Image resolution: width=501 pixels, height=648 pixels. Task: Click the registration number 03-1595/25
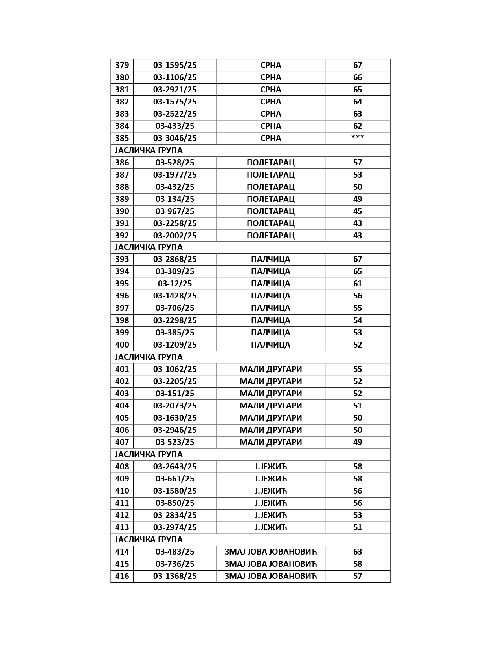click(x=175, y=65)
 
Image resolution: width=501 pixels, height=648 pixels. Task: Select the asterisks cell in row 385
click(x=357, y=138)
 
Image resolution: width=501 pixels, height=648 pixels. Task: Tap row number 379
click(x=122, y=65)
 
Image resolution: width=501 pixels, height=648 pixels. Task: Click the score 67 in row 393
click(x=357, y=259)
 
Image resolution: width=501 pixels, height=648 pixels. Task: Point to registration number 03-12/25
click(x=175, y=284)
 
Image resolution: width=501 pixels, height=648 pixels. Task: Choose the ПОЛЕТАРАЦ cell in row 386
click(x=270, y=163)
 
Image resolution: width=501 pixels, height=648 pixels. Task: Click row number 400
click(x=122, y=345)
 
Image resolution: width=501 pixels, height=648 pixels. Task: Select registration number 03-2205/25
click(x=175, y=381)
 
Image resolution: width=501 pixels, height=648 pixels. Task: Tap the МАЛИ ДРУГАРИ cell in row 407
click(x=270, y=442)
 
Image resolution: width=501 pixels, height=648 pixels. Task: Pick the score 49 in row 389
click(x=357, y=199)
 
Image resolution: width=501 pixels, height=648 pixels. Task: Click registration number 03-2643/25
click(x=175, y=467)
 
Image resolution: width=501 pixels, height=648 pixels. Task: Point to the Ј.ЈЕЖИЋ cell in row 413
click(x=270, y=527)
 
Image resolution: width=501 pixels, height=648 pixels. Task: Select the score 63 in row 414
click(x=357, y=552)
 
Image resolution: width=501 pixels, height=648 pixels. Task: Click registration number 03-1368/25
click(x=175, y=576)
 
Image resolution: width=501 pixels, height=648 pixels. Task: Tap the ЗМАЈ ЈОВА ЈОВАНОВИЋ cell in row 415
click(x=270, y=564)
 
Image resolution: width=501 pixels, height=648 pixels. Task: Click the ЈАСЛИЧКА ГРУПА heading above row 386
click(x=149, y=150)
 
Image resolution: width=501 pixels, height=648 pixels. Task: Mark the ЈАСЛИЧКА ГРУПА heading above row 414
click(x=149, y=540)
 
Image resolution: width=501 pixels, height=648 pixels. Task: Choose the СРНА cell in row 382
click(x=270, y=102)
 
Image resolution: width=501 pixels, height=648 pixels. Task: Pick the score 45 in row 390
click(x=357, y=211)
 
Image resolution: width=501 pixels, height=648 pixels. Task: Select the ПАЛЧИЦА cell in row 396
click(x=270, y=296)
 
